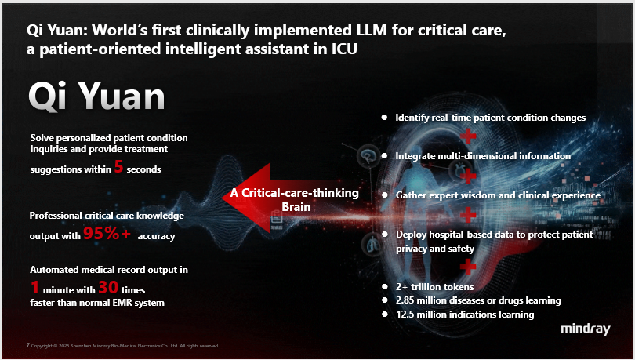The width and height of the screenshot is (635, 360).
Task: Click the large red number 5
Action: (118, 166)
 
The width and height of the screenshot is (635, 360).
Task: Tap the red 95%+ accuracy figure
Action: (107, 233)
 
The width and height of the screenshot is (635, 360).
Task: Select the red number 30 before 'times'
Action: (108, 288)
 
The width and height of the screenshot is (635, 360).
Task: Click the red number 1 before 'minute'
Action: (34, 288)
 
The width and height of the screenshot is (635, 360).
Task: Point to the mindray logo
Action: (585, 329)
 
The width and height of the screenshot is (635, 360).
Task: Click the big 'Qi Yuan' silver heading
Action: (96, 96)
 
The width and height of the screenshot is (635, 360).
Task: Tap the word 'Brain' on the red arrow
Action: (296, 207)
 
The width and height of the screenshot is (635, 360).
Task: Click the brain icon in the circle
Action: (368, 155)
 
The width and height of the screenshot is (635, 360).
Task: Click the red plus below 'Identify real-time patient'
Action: (468, 136)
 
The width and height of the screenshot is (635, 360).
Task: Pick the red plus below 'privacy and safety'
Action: (468, 267)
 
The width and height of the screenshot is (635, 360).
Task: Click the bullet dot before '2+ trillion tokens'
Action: (385, 287)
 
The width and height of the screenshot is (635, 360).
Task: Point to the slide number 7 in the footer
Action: (28, 345)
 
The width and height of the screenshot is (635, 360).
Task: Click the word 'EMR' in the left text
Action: (122, 303)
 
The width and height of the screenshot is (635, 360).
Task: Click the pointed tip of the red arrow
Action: (223, 198)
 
